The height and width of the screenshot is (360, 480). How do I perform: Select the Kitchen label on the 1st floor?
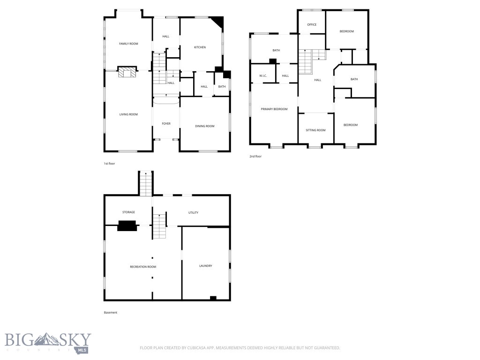[200, 47]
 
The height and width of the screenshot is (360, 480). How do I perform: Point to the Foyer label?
[166, 124]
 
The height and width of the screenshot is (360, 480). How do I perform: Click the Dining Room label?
[204, 126]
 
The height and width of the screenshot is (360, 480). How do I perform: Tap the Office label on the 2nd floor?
[312, 24]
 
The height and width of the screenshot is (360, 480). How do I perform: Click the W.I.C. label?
[263, 76]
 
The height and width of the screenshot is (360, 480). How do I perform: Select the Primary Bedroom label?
[274, 109]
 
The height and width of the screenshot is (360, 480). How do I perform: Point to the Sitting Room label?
[315, 130]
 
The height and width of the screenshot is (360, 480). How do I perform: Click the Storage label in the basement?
[128, 212]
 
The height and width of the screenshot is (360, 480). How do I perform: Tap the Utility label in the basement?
[193, 213]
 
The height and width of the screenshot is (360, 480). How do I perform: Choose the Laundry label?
[205, 266]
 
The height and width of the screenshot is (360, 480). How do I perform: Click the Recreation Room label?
[143, 267]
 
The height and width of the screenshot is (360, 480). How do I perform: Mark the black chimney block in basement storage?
[127, 226]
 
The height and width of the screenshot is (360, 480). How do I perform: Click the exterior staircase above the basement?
[146, 183]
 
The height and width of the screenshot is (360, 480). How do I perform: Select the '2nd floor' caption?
[255, 156]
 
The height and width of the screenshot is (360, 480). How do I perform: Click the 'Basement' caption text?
[110, 313]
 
